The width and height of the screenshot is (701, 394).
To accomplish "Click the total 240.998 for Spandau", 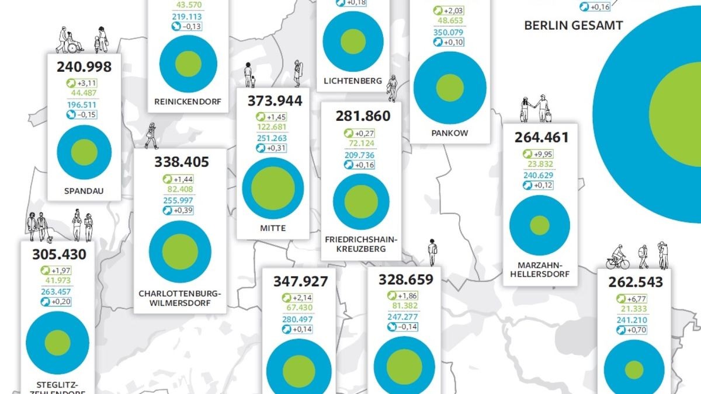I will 84,67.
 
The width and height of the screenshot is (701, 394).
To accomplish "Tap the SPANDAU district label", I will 84,190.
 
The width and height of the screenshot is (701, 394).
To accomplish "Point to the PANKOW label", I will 450,133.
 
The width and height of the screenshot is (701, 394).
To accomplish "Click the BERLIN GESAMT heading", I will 565,25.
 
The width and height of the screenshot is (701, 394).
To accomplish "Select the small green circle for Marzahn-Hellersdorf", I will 539,225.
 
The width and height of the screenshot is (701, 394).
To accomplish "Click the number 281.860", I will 361,116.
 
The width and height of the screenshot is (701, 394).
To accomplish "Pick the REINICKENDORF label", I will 188,102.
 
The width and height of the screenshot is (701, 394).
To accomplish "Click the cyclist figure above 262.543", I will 617,257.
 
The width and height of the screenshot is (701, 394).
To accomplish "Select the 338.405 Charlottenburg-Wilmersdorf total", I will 182,161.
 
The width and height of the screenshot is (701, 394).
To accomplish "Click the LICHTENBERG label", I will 353,81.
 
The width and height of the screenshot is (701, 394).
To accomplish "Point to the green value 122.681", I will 273,127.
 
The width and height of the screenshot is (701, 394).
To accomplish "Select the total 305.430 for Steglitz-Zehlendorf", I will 57,254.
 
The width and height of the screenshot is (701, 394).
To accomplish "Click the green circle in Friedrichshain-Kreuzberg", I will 360,201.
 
